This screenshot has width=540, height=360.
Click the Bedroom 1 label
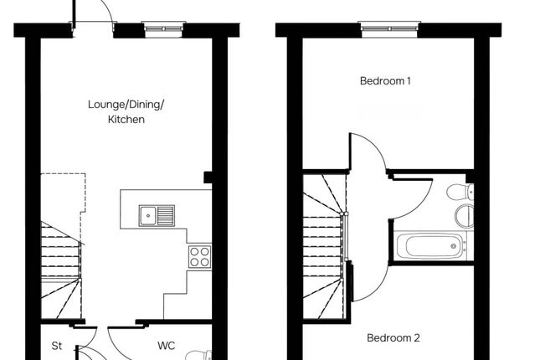pyautogui.click(x=385, y=81)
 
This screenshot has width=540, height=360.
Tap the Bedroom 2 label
pyautogui.click(x=393, y=338)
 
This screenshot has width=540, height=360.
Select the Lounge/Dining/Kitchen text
pyautogui.click(x=126, y=111)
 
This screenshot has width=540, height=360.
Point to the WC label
pyautogui.click(x=166, y=346)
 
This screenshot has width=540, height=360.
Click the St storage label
pyautogui.click(x=57, y=346)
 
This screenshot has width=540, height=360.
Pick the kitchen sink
pyautogui.click(x=157, y=216)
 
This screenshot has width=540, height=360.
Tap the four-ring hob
pyautogui.click(x=200, y=257)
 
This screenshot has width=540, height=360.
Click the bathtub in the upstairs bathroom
pyautogui.click(x=430, y=246)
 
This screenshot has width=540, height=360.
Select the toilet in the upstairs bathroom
pyautogui.click(x=460, y=192)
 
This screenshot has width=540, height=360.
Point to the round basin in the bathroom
pyautogui.click(x=464, y=216)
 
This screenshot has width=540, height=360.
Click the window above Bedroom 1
pyautogui.click(x=389, y=29)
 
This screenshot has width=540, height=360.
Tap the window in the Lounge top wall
pyautogui.click(x=163, y=29)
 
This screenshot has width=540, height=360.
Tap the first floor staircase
pyautogui.click(x=324, y=246)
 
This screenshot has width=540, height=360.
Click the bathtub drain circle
pyautogui.click(x=454, y=246)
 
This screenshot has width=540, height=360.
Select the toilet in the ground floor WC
pyautogui.click(x=199, y=356)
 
